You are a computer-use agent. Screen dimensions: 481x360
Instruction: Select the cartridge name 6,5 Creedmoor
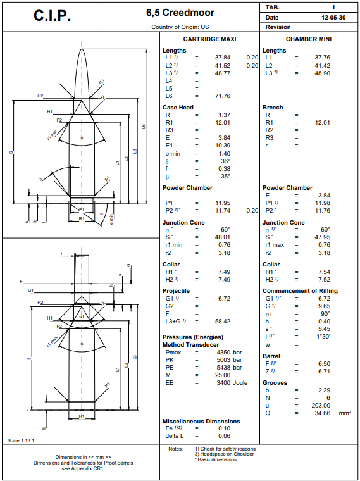180,13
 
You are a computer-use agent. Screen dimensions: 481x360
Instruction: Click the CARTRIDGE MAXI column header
209,39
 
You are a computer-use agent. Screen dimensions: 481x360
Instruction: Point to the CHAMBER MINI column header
309,39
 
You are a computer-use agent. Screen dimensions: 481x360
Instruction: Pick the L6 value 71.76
222,96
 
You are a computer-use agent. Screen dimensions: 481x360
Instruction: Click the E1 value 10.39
222,146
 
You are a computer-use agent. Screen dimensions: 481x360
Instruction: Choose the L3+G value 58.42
222,321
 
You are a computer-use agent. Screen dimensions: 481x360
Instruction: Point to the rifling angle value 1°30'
322,336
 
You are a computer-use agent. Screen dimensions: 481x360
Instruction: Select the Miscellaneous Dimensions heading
201,421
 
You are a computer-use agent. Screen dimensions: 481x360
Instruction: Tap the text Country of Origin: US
180,27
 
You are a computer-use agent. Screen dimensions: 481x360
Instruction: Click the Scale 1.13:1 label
20,440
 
